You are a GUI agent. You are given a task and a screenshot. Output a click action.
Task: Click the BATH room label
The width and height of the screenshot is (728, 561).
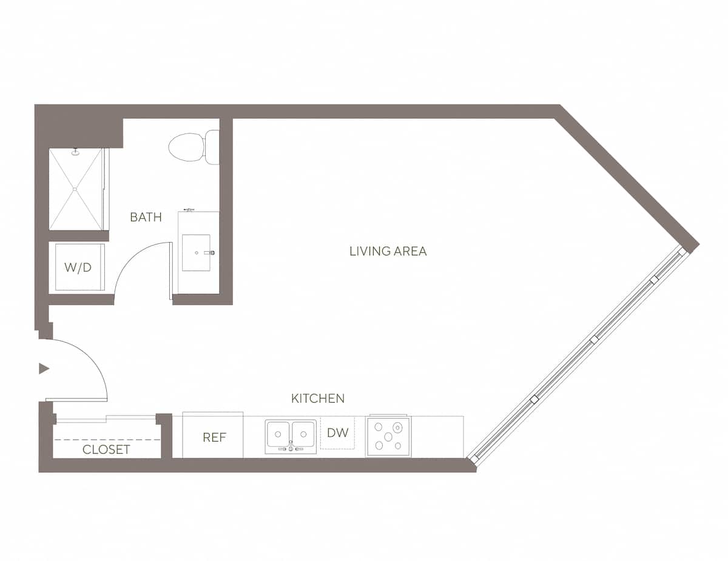[x=146, y=217]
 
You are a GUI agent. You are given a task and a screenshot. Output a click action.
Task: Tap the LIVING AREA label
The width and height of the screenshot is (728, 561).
[x=388, y=251]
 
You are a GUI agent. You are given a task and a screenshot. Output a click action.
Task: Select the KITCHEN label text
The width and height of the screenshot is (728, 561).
[x=318, y=398]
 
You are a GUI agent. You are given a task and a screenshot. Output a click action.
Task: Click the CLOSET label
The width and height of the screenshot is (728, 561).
[x=106, y=449]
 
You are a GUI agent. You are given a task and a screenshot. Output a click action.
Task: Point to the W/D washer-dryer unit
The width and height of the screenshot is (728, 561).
[x=79, y=267]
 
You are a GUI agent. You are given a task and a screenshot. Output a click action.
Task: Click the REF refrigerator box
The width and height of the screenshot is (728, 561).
[x=214, y=437]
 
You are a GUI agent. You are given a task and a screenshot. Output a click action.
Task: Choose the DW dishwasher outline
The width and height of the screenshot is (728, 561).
[x=337, y=433]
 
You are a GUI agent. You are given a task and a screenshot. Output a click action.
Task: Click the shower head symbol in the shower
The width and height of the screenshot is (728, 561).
[x=75, y=152]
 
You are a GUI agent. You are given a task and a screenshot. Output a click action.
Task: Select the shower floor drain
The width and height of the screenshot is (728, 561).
[x=75, y=189]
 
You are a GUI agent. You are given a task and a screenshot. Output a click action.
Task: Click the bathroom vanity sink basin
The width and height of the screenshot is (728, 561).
[x=196, y=252]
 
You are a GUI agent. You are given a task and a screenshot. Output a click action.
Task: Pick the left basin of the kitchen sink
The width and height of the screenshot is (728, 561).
[x=278, y=434]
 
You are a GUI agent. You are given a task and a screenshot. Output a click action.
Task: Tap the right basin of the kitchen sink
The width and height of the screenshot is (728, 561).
[x=303, y=434]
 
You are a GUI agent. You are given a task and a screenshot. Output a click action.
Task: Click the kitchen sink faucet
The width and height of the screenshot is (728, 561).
[x=291, y=447]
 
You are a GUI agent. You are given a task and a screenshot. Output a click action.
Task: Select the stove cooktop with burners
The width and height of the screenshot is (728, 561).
[x=388, y=436]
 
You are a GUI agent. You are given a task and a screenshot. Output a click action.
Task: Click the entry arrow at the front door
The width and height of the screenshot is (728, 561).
[x=44, y=368]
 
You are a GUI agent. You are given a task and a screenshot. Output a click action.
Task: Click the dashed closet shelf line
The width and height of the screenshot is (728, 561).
[x=107, y=439]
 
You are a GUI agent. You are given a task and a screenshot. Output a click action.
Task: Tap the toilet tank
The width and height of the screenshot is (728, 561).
[x=212, y=147]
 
